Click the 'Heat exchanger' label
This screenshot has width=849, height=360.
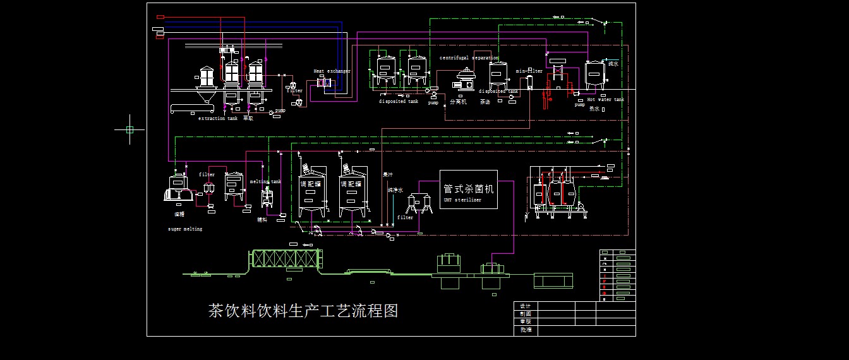coord(332,71)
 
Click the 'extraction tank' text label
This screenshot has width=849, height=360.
coord(217,118)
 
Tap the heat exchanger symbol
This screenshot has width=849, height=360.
coord(323,83)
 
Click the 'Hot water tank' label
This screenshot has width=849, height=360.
coord(605,99)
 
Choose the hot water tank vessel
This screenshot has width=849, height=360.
coord(594,75)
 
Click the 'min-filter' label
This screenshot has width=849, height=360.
coord(529,71)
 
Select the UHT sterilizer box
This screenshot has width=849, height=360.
coord(468,189)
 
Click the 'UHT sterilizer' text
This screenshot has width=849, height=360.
coord(462,200)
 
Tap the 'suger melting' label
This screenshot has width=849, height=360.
coord(185,229)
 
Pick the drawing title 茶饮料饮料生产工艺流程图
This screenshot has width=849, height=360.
coord(303,311)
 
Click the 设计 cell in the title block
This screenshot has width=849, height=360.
coord(525,306)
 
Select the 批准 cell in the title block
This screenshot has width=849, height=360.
coord(525,330)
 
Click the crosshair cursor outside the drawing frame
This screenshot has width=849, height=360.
coord(129,129)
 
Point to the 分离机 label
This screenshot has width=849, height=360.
coord(458,101)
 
